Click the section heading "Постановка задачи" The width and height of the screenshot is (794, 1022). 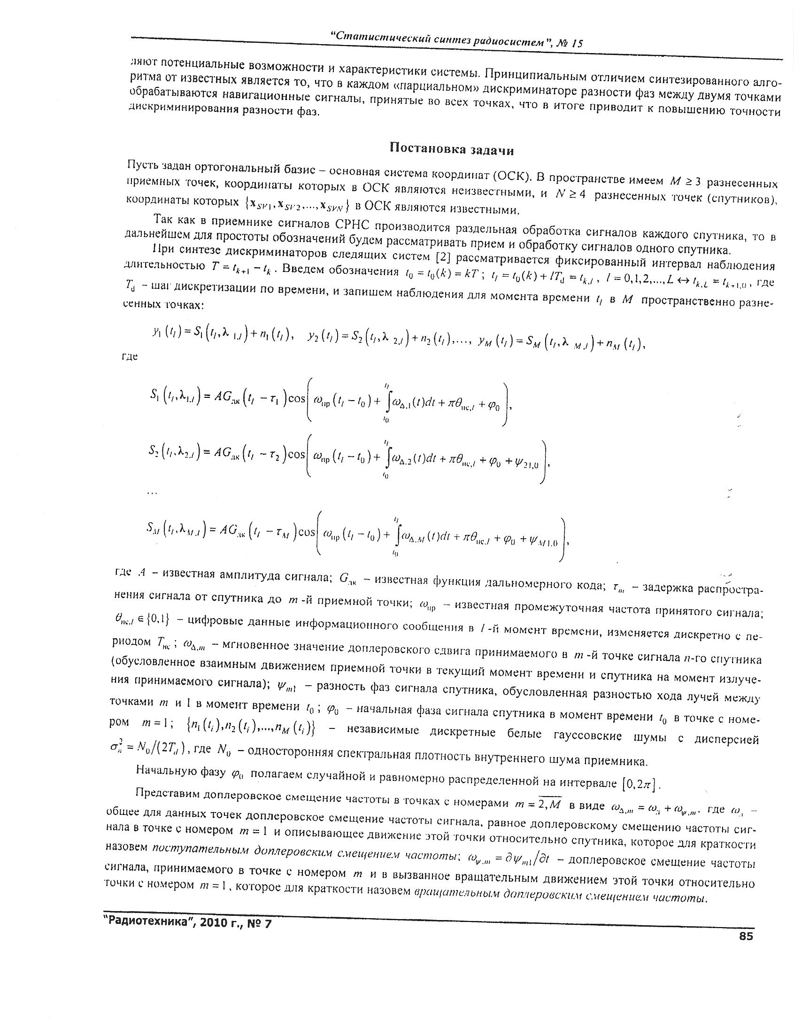tap(452, 149)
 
